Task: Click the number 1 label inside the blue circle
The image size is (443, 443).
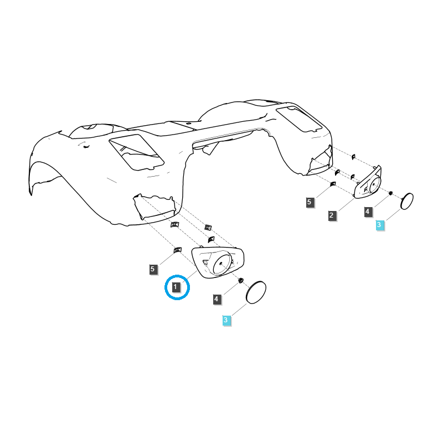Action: point(176,287)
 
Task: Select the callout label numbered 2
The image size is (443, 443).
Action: point(332,215)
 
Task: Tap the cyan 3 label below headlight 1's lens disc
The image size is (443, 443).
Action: point(226,320)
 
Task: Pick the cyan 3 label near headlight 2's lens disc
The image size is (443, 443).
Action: point(379,225)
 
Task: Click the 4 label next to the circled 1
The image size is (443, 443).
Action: point(217,299)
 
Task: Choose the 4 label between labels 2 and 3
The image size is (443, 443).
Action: point(368,212)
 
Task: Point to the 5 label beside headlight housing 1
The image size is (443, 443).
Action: point(153,269)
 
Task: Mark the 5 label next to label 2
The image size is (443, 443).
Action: point(310,202)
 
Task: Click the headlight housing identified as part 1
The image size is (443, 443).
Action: point(218,262)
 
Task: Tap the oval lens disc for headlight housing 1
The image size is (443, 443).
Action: point(256,292)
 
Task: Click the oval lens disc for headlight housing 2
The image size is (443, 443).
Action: point(407,202)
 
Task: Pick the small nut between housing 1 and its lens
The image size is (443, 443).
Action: point(241,281)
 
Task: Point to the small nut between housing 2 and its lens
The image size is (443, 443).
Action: point(391,193)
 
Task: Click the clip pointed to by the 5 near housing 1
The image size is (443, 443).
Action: point(177,250)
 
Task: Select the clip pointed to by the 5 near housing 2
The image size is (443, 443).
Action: point(333,184)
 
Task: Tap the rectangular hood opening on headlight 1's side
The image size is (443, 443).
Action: point(136,153)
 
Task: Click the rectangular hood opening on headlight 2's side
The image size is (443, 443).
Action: point(298,119)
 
